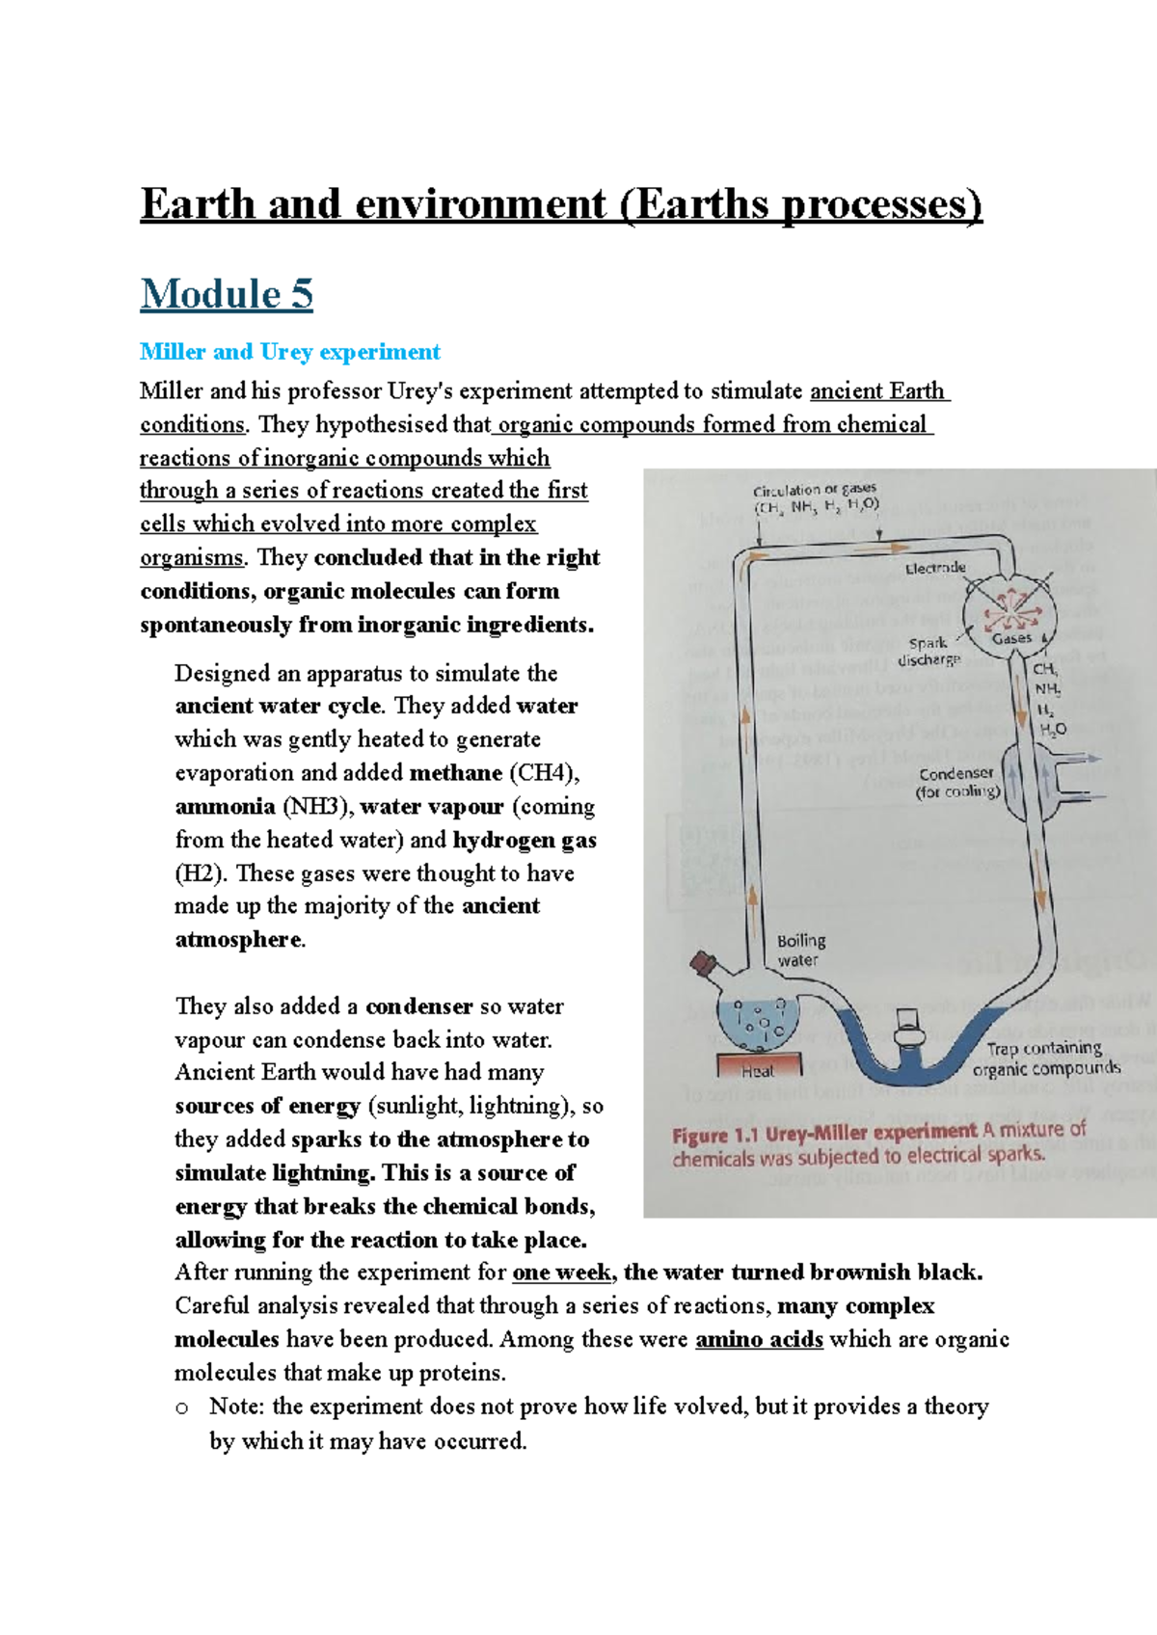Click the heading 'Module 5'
(227, 294)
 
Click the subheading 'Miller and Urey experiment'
(289, 352)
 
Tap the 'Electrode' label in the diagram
(934, 568)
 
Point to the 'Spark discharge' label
(928, 652)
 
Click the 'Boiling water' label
(800, 950)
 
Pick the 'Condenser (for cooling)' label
(957, 782)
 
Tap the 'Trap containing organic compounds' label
(1045, 1058)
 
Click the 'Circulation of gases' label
(815, 490)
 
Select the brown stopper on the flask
(704, 962)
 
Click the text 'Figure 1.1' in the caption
(714, 1135)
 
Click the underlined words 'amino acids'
(759, 1339)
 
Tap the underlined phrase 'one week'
(561, 1273)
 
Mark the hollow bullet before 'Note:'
(182, 1408)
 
